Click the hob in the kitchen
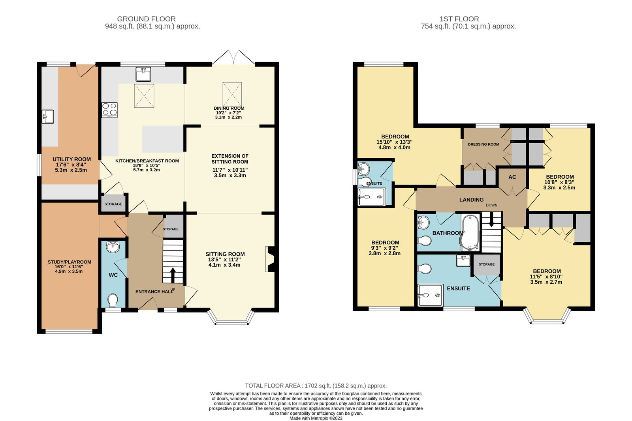click(x=109, y=110)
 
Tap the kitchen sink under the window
click(x=143, y=74)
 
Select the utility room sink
click(x=48, y=117)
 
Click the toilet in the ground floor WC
click(x=113, y=301)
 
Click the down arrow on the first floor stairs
click(x=491, y=220)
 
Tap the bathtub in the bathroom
click(x=470, y=233)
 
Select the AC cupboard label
click(x=512, y=177)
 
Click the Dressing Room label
click(x=483, y=144)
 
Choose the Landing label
click(x=471, y=200)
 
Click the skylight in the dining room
click(x=232, y=94)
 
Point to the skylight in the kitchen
click(x=144, y=96)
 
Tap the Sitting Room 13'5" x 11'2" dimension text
click(x=225, y=260)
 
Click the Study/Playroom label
click(x=70, y=262)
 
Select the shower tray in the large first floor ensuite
click(x=430, y=295)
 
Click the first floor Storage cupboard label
click(x=486, y=264)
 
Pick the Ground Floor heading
click(x=146, y=19)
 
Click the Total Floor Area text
click(x=316, y=386)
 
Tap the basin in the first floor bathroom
click(x=423, y=222)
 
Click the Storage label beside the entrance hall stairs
click(x=170, y=229)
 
